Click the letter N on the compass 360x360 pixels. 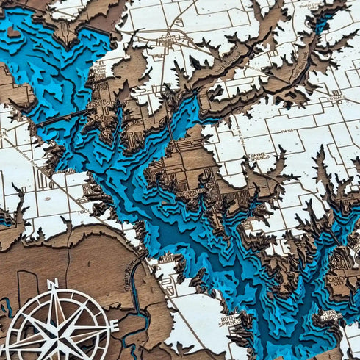click(x=52, y=284)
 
